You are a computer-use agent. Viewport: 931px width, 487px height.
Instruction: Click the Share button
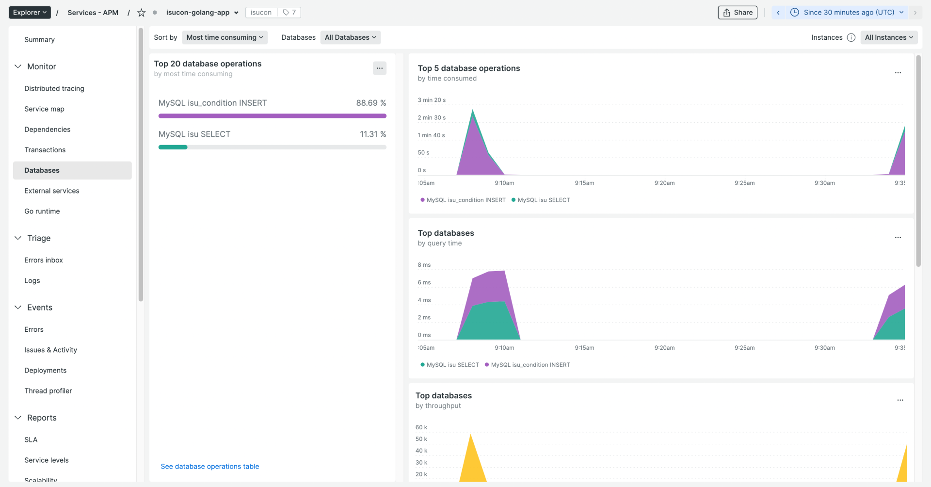tap(738, 13)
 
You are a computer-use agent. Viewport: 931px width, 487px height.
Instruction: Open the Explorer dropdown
tap(30, 13)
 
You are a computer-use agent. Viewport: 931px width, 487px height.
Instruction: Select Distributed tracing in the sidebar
tap(54, 88)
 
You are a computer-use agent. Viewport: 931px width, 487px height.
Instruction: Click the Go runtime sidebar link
tap(42, 211)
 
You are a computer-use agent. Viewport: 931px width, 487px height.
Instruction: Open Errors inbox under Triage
tap(44, 260)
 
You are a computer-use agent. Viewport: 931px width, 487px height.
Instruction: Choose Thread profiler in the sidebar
tap(48, 390)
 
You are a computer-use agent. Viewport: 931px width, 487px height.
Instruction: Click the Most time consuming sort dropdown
tap(225, 37)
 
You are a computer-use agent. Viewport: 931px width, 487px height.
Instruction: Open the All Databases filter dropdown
tap(350, 37)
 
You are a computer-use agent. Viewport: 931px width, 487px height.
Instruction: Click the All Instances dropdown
tap(888, 37)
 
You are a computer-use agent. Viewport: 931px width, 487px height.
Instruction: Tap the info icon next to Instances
tap(851, 37)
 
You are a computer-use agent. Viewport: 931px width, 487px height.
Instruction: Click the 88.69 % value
tap(371, 103)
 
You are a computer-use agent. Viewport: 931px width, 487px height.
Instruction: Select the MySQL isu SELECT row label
tap(194, 134)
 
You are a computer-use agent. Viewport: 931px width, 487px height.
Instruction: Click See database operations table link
tap(210, 466)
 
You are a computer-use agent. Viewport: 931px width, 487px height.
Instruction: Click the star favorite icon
tap(141, 13)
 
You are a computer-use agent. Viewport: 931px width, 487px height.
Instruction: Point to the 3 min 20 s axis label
tap(432, 100)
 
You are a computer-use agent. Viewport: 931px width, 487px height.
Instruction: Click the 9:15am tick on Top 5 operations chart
tap(584, 183)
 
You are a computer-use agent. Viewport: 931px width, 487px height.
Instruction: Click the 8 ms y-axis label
tap(424, 265)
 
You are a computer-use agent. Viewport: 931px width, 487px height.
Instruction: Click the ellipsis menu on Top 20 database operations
tap(379, 68)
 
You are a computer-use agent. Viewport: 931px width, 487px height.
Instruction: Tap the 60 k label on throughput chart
tap(421, 427)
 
